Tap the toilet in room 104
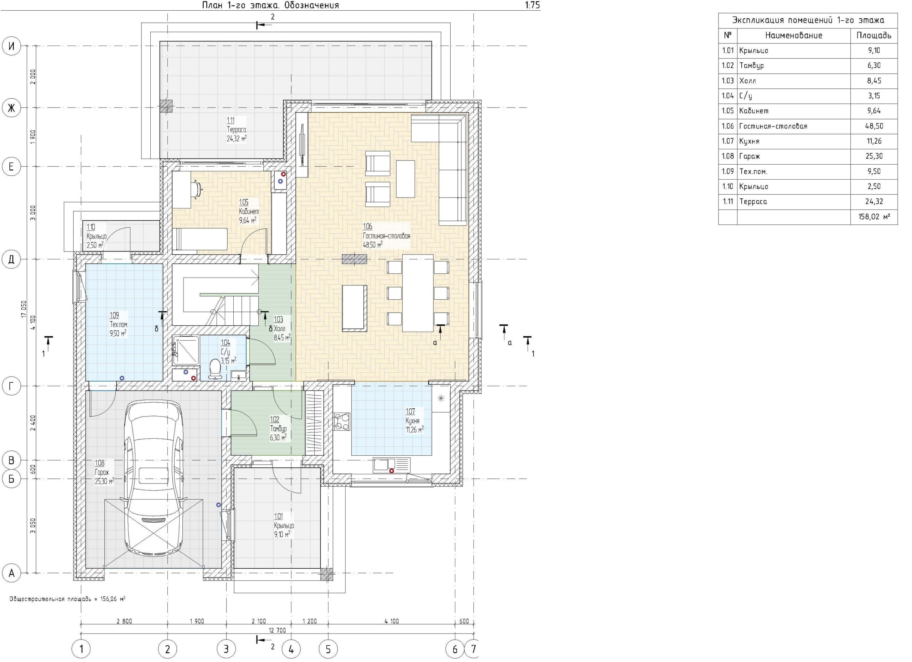click(216, 369)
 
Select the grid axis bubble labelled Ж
click(11, 108)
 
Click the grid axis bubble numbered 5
click(328, 649)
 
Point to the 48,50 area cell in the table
click(874, 126)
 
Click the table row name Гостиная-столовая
click(773, 126)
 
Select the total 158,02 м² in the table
click(874, 217)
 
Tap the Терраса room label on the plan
click(237, 129)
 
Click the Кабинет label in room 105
click(249, 212)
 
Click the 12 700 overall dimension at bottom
click(277, 631)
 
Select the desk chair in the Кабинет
click(196, 189)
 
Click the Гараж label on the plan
click(102, 472)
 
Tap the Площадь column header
click(874, 35)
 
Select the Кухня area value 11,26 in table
click(874, 141)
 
